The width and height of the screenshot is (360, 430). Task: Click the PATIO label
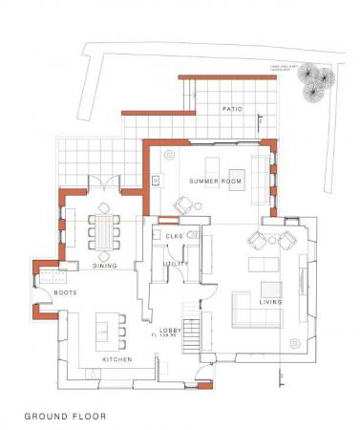[x=232, y=110]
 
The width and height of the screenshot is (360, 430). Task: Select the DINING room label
[x=105, y=266]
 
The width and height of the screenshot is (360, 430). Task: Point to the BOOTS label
[x=66, y=292]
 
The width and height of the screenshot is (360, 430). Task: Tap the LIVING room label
[x=270, y=301]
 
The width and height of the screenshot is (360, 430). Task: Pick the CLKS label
[x=174, y=236]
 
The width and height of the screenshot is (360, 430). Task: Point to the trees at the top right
[x=316, y=85]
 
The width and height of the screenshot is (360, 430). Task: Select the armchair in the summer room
[x=182, y=204]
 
